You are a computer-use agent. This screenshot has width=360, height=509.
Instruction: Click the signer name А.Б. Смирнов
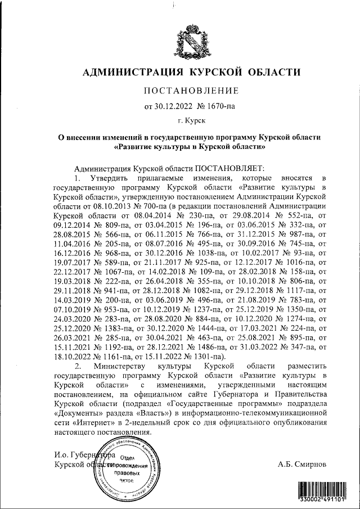coord(301,465)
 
